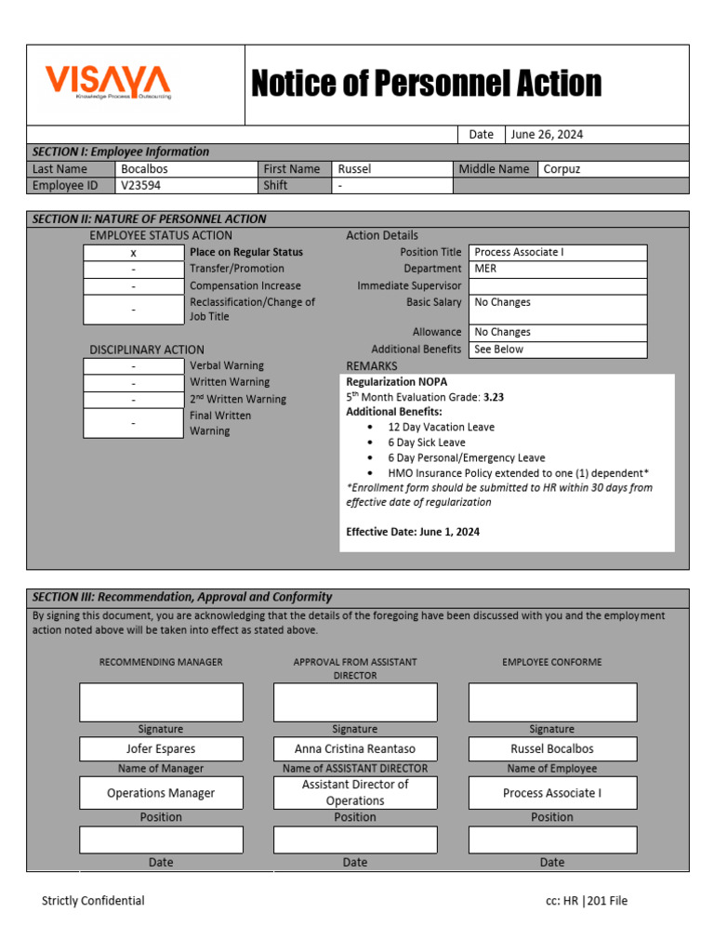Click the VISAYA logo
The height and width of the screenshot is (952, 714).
[x=109, y=82]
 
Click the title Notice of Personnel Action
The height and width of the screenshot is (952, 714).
[x=427, y=84]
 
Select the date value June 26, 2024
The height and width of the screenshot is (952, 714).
[x=547, y=134]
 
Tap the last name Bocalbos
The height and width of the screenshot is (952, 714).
[x=145, y=169]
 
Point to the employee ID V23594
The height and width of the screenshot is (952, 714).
[x=139, y=185]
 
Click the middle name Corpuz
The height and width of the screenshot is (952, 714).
[x=562, y=169]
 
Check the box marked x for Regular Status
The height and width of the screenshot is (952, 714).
[x=133, y=253]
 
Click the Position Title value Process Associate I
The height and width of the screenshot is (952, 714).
[x=519, y=252]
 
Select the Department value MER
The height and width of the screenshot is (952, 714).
[x=485, y=269]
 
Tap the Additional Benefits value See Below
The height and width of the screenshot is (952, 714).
[x=499, y=350]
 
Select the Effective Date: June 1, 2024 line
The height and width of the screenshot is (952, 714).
[x=413, y=532]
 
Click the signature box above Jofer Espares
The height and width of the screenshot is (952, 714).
[x=161, y=702]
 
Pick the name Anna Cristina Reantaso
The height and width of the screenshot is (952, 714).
[x=355, y=748]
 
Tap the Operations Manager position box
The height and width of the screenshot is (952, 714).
[x=161, y=793]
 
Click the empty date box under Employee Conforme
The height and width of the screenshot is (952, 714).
[x=552, y=840]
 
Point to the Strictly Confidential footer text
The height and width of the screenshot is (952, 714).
[x=93, y=900]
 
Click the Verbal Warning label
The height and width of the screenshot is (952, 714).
[x=227, y=365]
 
